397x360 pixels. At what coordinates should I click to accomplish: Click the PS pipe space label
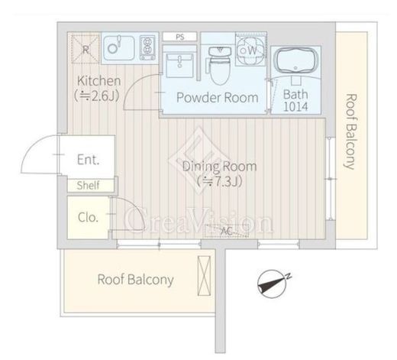pyautogui.click(x=179, y=37)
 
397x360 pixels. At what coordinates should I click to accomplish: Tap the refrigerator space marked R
pyautogui.click(x=86, y=49)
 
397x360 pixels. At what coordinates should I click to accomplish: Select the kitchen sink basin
pyautogui.click(x=119, y=48)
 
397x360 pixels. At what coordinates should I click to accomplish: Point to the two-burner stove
pyautogui.click(x=147, y=47)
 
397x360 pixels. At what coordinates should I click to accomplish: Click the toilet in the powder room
pyautogui.click(x=220, y=66)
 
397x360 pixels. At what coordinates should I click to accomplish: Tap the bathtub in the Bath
pyautogui.click(x=295, y=61)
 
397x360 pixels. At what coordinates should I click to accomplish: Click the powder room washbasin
pyautogui.click(x=179, y=65)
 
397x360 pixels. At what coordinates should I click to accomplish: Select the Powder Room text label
pyautogui.click(x=217, y=98)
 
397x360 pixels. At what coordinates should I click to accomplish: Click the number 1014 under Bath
pyautogui.click(x=295, y=106)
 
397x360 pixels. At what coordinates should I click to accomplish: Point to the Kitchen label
pyautogui.click(x=98, y=81)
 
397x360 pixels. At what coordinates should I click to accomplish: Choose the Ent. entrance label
pyautogui.click(x=88, y=160)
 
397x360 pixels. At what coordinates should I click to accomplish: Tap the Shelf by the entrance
pyautogui.click(x=88, y=185)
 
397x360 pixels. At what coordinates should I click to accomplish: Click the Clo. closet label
pyautogui.click(x=88, y=218)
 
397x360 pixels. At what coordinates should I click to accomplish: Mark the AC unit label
pyautogui.click(x=226, y=231)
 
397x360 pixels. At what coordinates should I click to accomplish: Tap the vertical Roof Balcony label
pyautogui.click(x=350, y=131)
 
